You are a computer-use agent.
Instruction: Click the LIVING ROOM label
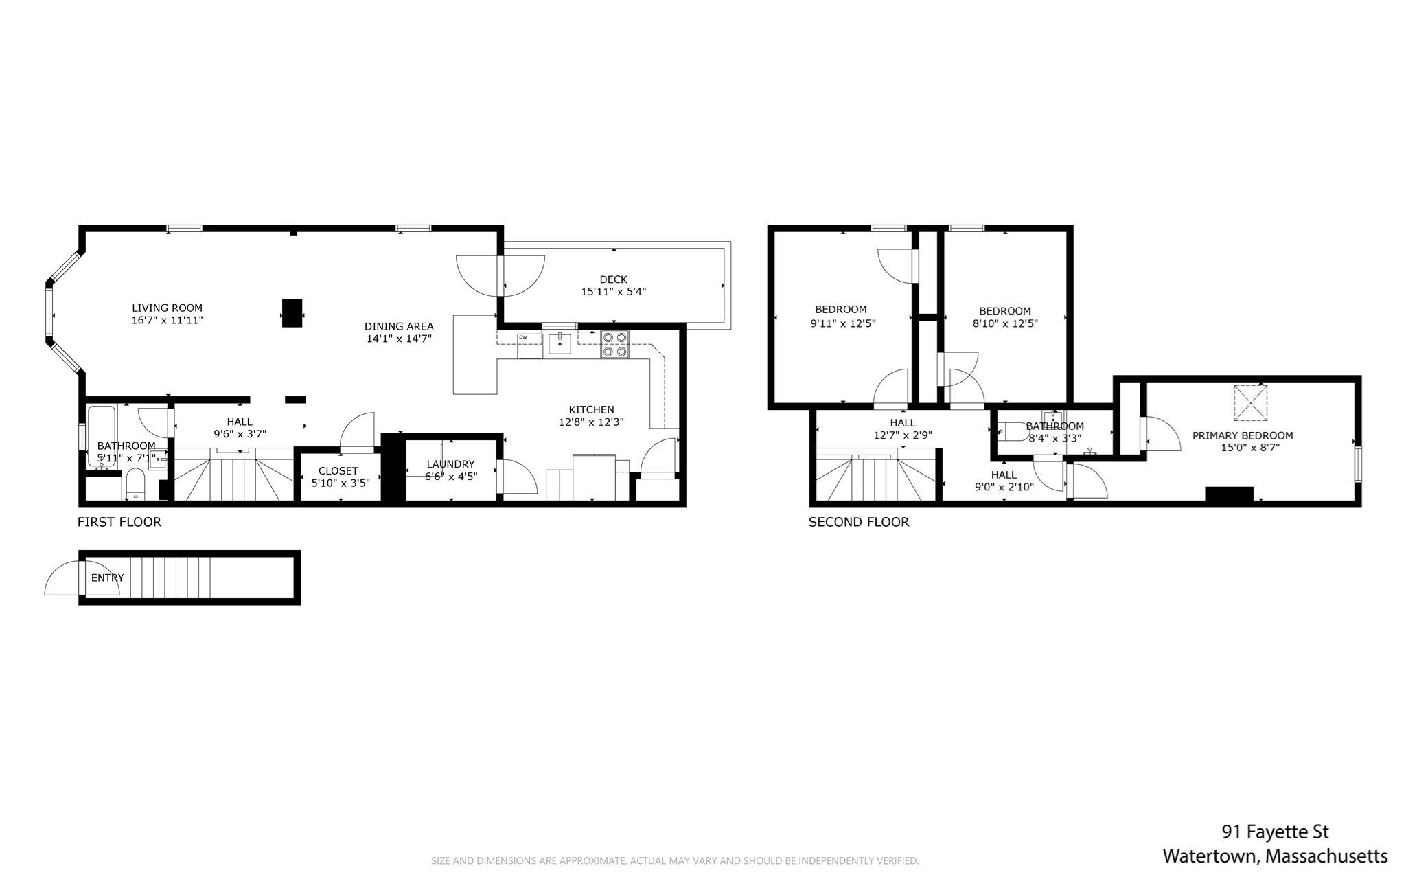[x=167, y=308]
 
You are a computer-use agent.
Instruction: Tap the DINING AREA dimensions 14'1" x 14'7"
[x=398, y=339]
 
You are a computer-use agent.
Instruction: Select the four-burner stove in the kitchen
[x=614, y=344]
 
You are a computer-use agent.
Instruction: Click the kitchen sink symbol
[x=560, y=343]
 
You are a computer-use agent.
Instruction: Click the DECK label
[x=613, y=279]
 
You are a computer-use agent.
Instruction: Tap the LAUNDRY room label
[x=450, y=464]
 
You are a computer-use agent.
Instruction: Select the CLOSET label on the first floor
[x=338, y=471]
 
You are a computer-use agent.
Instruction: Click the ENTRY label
[x=108, y=578]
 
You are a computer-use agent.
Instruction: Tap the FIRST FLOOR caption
[x=119, y=522]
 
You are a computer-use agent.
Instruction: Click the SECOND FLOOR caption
[x=858, y=522]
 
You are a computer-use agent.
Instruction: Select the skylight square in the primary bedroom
[x=1249, y=403]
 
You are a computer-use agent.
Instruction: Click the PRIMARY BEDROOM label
[x=1242, y=435]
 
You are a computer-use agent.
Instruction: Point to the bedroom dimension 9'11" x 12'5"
[x=842, y=323]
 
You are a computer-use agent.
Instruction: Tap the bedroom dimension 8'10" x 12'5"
[x=1004, y=323]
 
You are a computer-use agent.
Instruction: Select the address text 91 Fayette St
[x=1275, y=832]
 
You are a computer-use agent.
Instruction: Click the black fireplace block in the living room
[x=292, y=313]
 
